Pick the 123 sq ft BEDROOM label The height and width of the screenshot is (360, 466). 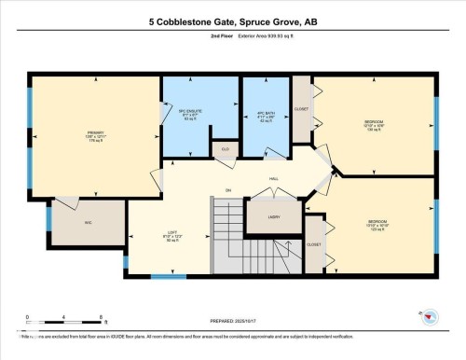pyautogui.click(x=373, y=225)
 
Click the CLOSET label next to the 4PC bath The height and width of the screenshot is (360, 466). pyautogui.click(x=301, y=108)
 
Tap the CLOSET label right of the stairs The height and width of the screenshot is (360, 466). pyautogui.click(x=314, y=244)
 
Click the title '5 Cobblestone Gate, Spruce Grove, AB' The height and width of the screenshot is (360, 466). pyautogui.click(x=232, y=21)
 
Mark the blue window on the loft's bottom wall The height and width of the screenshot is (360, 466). pyautogui.click(x=173, y=276)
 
